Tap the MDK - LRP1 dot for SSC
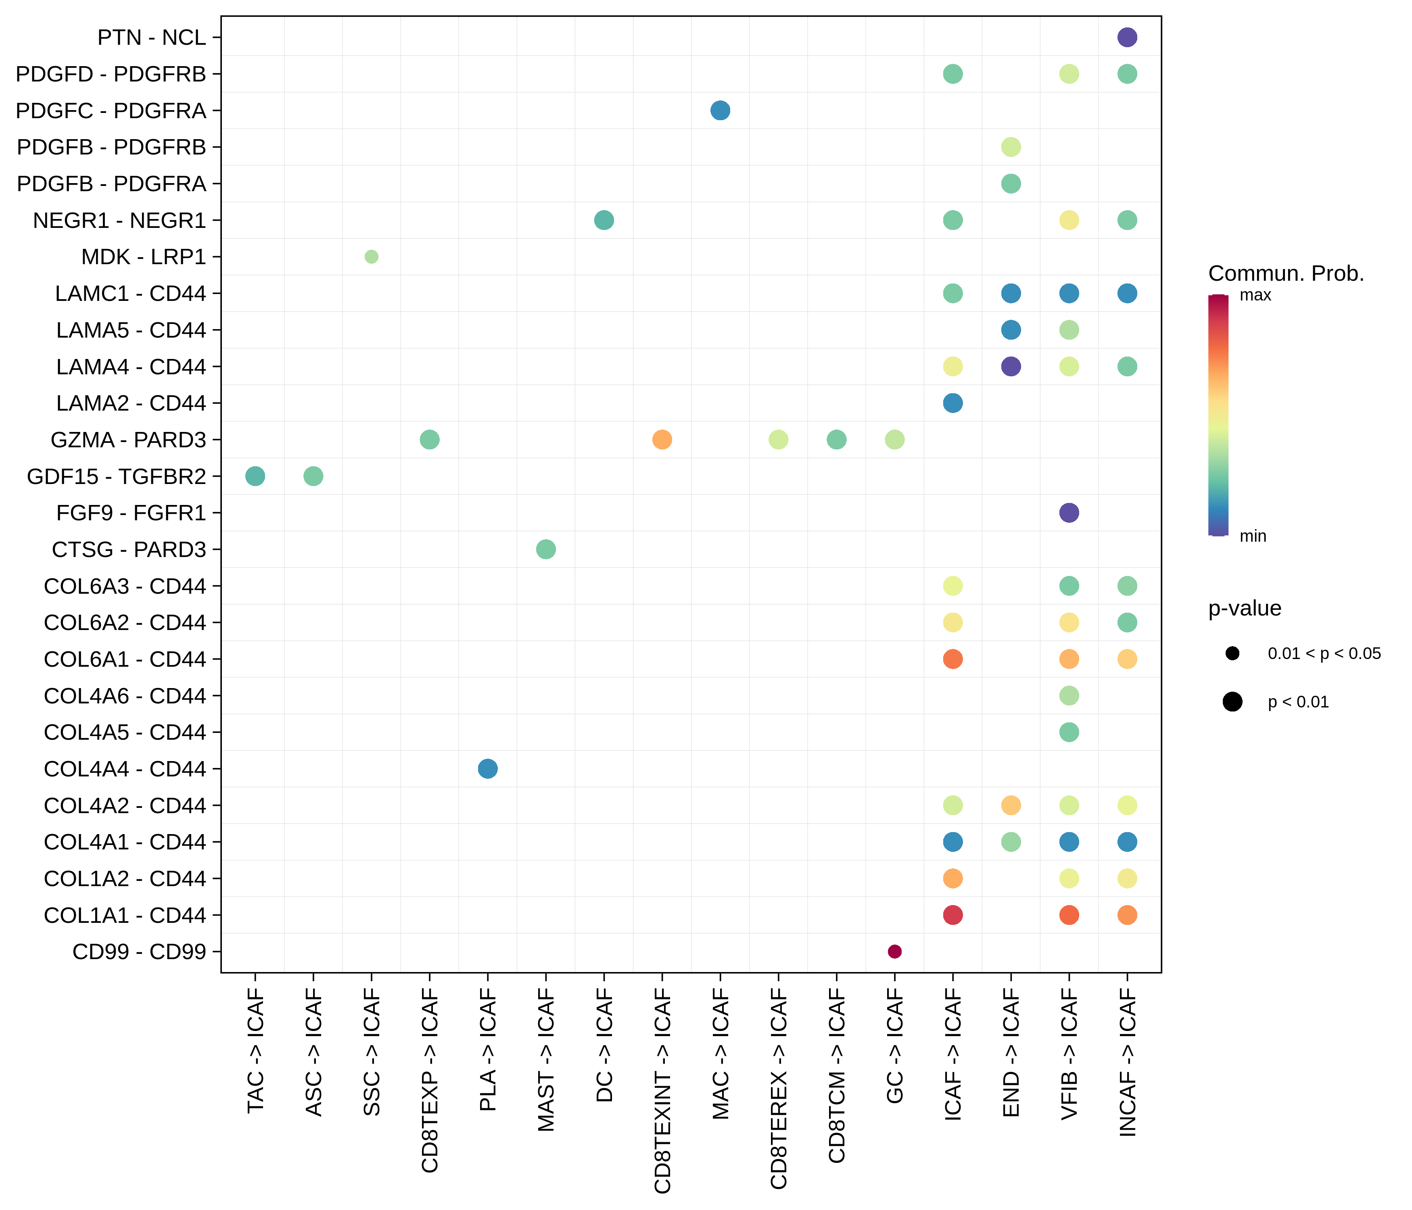click(x=372, y=257)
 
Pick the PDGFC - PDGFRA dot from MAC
click(x=720, y=111)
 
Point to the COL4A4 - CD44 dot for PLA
click(x=487, y=768)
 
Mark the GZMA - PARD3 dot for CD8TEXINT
click(x=662, y=440)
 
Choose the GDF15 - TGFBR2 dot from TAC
click(x=255, y=476)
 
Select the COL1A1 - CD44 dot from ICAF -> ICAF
click(x=952, y=915)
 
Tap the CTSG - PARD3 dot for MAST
click(x=545, y=549)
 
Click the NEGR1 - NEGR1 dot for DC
click(x=604, y=220)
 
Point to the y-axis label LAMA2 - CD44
click(x=131, y=403)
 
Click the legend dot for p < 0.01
click(x=1232, y=702)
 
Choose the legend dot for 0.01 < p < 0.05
click(x=1232, y=653)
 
